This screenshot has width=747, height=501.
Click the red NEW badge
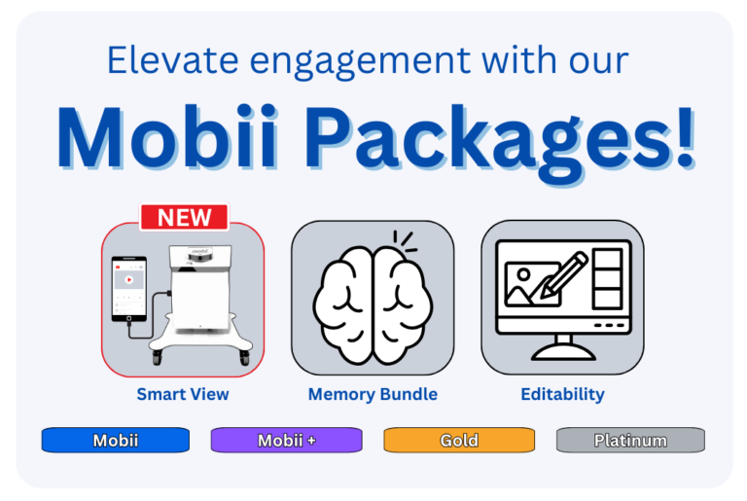[x=184, y=217]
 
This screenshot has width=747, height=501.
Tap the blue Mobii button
[x=115, y=441]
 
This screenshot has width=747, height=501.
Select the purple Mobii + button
[x=286, y=441]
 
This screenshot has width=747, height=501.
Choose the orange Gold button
[x=459, y=441]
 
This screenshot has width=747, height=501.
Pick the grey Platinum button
[x=630, y=441]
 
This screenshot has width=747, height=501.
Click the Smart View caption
[x=183, y=394]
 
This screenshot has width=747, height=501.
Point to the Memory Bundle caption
[x=373, y=394]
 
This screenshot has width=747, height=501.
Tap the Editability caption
[x=562, y=394]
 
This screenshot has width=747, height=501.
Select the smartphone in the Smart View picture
[x=129, y=289]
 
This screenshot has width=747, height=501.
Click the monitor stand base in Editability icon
[x=562, y=351]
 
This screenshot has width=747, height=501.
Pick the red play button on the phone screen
[x=128, y=280]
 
